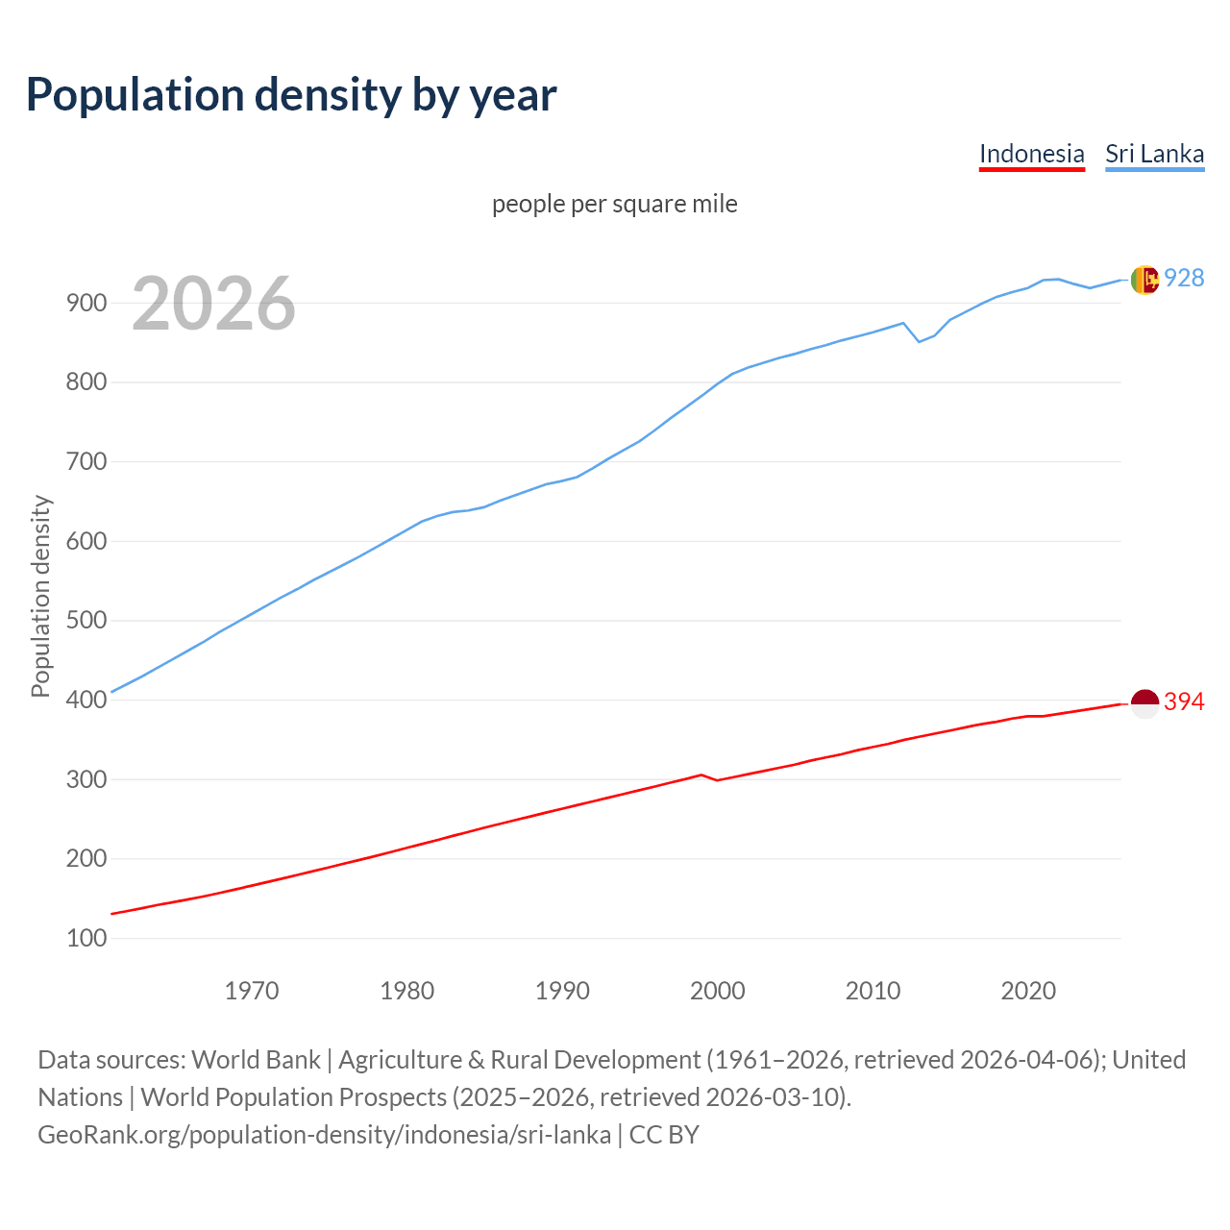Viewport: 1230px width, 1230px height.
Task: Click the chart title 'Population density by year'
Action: [291, 95]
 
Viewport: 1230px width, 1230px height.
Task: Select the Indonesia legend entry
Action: [1031, 154]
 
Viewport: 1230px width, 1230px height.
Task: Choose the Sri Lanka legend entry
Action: [1154, 154]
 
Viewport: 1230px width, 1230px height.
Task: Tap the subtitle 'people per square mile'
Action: [614, 204]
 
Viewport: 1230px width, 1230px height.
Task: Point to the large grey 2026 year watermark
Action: [213, 304]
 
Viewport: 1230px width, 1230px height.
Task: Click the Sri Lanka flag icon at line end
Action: [1144, 280]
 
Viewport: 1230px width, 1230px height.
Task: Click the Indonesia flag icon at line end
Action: [1144, 703]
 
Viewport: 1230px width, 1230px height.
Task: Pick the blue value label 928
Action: [1184, 278]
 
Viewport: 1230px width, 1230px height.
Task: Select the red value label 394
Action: [1184, 702]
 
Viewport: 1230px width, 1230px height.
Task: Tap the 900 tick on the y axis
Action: [86, 303]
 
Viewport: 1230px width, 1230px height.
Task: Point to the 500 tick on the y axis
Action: [86, 621]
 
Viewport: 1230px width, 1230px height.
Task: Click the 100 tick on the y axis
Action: [86, 938]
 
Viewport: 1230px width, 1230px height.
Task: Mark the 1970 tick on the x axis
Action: [252, 991]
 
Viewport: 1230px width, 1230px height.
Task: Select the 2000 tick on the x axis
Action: [718, 991]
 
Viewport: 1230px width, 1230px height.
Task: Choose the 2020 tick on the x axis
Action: [1028, 991]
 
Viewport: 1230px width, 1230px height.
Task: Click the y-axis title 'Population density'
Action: [40, 596]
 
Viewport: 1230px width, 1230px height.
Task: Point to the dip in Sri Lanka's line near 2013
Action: [919, 341]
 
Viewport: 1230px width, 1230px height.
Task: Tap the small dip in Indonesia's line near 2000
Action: [717, 779]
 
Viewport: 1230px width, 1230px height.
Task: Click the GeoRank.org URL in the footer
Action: [324, 1135]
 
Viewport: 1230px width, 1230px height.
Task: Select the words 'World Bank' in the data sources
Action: [256, 1060]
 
